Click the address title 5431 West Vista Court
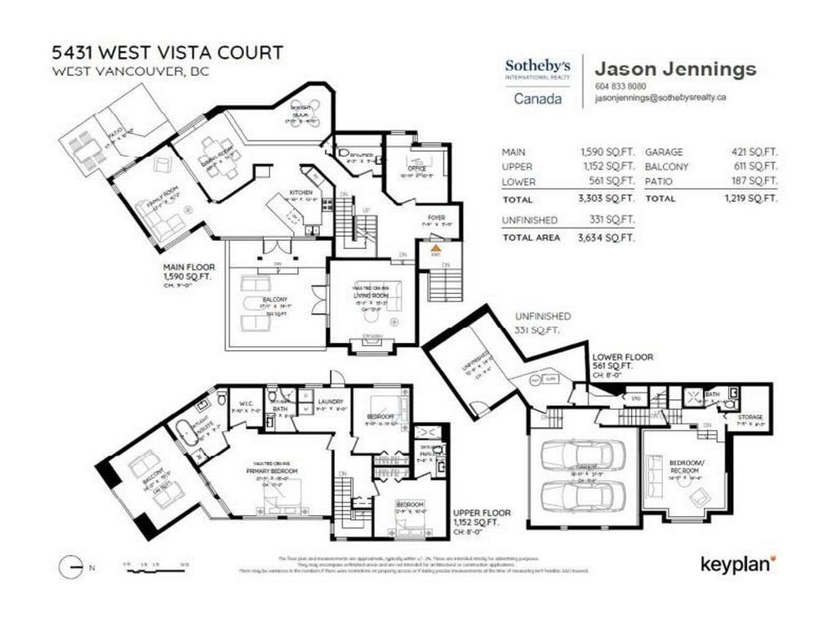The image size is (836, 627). click(x=167, y=53)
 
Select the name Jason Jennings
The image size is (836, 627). click(x=675, y=69)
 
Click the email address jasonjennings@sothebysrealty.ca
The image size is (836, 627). click(x=660, y=97)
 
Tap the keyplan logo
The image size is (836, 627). click(x=738, y=563)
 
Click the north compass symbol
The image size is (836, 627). click(x=72, y=566)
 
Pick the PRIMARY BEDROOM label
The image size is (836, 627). click(x=271, y=471)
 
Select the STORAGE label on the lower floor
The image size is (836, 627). click(x=751, y=418)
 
